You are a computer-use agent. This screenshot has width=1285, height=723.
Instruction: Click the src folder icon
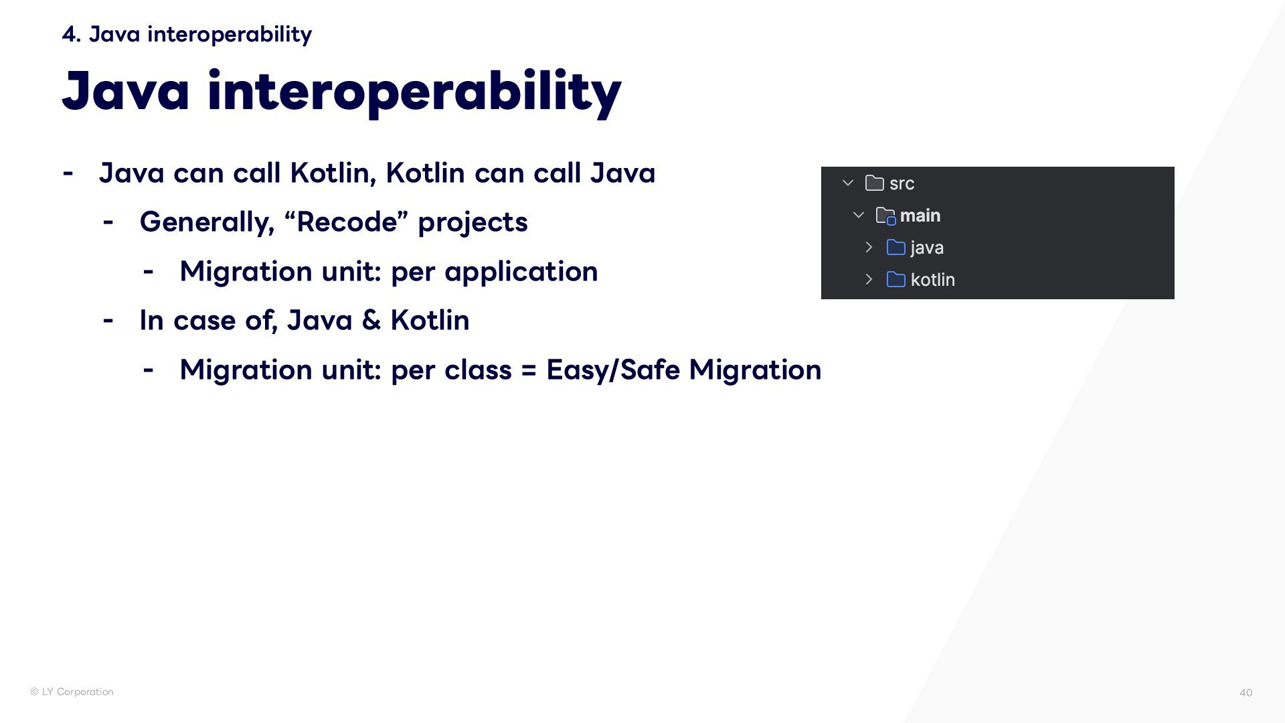(874, 183)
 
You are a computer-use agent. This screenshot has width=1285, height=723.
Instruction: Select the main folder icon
(885, 216)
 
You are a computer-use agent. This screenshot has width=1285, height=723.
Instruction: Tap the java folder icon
(895, 248)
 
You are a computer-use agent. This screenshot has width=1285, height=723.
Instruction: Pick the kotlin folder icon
(895, 279)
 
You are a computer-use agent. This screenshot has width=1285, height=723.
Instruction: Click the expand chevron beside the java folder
(869, 247)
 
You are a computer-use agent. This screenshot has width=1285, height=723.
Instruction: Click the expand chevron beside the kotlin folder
(869, 279)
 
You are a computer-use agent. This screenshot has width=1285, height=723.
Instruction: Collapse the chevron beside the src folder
(848, 183)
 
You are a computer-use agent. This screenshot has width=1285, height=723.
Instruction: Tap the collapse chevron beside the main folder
(859, 215)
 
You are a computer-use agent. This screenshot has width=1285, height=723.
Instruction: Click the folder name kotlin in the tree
(933, 280)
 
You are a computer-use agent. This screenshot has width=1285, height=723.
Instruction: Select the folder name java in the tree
(927, 248)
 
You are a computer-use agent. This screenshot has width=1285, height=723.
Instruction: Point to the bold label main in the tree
(920, 216)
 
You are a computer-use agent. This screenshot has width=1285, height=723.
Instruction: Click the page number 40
(1246, 693)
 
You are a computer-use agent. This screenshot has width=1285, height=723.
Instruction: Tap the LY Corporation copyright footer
(72, 692)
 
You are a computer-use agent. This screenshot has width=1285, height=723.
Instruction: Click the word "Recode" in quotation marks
(347, 222)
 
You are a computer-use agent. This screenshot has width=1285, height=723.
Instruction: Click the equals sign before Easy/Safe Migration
(529, 370)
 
